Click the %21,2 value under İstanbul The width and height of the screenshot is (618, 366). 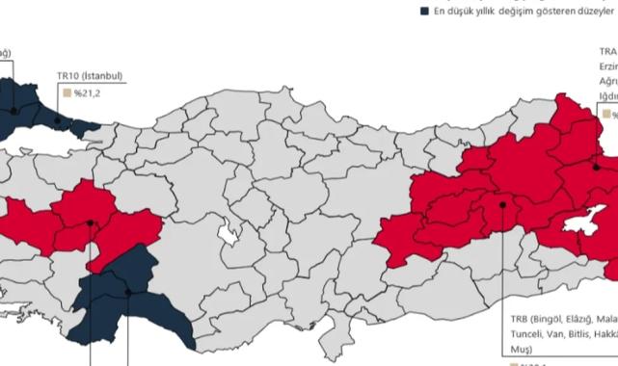(90, 94)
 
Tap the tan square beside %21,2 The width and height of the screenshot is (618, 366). (67, 94)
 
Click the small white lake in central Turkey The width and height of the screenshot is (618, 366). (228, 234)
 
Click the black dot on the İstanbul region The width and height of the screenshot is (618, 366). (58, 120)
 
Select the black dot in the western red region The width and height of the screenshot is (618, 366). (90, 222)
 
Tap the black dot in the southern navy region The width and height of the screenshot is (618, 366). (127, 292)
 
